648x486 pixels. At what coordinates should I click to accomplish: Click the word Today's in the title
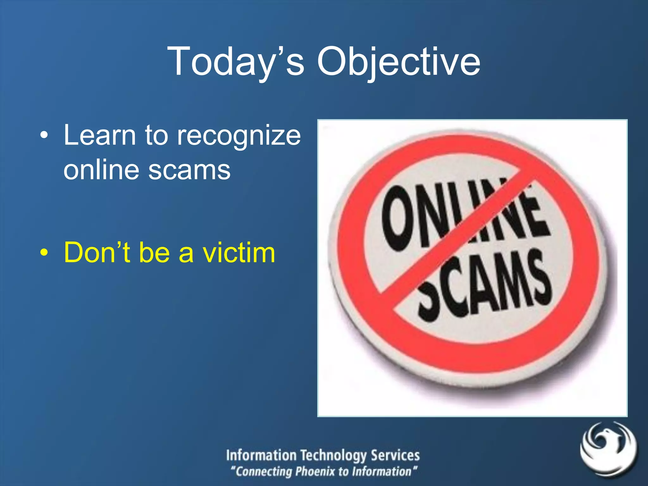[x=236, y=62]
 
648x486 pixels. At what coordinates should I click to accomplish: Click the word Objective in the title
[x=399, y=62]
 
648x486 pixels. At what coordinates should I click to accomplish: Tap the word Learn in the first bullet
[x=100, y=135]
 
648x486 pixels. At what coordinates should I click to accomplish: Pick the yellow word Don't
[x=97, y=252]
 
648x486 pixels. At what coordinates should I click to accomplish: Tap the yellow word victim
[x=239, y=252]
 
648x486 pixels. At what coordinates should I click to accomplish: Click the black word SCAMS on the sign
[x=484, y=285]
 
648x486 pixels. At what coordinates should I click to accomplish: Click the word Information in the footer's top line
[x=261, y=455]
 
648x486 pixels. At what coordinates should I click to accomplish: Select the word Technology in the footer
[x=334, y=456]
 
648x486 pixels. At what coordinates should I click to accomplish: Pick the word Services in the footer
[x=395, y=455]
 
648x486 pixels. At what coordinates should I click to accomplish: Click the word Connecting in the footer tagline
[x=264, y=472]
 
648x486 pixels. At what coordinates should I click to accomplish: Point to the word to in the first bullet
[x=156, y=135]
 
